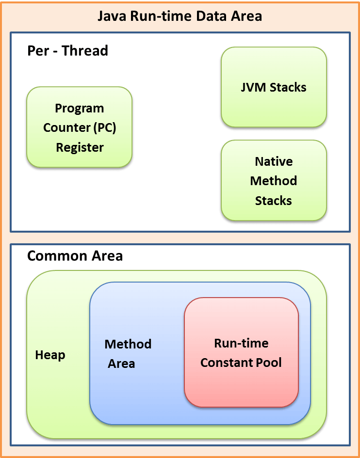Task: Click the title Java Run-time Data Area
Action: pyautogui.click(x=180, y=16)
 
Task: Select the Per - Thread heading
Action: pyautogui.click(x=67, y=50)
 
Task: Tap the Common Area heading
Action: pyautogui.click(x=75, y=255)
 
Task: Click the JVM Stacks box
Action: pyautogui.click(x=274, y=87)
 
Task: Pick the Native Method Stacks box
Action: pyautogui.click(x=274, y=180)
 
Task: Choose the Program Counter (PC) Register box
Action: pyautogui.click(x=79, y=127)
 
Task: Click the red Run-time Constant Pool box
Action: pyautogui.click(x=241, y=353)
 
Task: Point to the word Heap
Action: pyautogui.click(x=50, y=355)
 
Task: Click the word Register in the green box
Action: pyautogui.click(x=80, y=147)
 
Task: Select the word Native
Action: pyautogui.click(x=274, y=161)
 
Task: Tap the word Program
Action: pyautogui.click(x=79, y=108)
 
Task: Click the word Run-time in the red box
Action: pyautogui.click(x=241, y=343)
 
